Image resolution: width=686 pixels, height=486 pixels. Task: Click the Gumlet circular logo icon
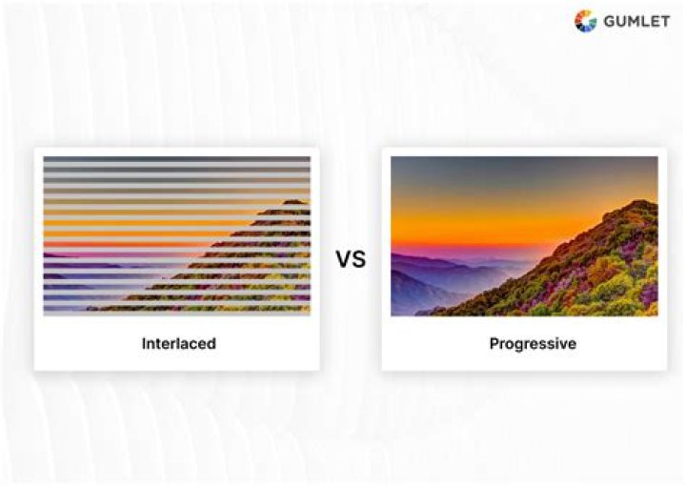point(585,21)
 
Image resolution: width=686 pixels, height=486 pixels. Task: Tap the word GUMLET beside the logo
point(636,21)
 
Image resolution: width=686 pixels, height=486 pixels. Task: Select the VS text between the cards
point(351,259)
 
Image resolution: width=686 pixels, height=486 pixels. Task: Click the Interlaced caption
point(178,343)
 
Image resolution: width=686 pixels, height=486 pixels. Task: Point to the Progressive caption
point(533,344)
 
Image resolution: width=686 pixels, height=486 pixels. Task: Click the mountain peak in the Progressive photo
point(640,202)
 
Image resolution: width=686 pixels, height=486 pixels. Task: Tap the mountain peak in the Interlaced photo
point(294,202)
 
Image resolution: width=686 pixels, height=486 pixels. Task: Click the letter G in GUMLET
point(609,21)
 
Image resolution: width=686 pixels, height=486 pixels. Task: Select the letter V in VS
point(343,259)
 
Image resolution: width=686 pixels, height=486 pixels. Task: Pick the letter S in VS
point(359,259)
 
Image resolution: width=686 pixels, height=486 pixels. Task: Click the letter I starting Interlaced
point(144,343)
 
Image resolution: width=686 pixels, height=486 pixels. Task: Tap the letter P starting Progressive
point(494,343)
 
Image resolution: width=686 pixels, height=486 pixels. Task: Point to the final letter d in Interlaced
point(212,343)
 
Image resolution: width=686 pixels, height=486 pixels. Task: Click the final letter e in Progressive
point(572,345)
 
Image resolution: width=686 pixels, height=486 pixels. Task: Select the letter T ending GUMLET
point(664,21)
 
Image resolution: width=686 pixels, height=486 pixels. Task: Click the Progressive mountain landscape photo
point(524,235)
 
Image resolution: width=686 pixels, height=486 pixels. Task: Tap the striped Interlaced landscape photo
point(177,235)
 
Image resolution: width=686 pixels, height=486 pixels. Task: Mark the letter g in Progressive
point(518,347)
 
